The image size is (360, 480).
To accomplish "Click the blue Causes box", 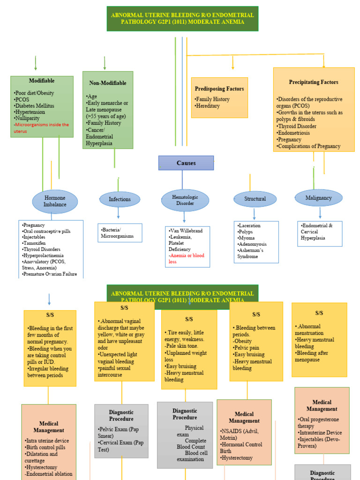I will point(186,163).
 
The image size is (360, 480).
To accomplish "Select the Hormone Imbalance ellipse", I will point(55,201).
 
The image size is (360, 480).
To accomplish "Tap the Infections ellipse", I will point(120,199).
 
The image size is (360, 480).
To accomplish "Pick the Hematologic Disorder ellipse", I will point(185,200).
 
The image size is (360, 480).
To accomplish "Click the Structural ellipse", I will point(255,199).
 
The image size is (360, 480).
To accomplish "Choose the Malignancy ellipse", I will point(318,198).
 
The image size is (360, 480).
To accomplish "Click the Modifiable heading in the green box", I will point(42,81).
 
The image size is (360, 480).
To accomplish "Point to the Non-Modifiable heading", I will point(107,83).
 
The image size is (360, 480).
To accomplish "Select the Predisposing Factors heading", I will point(219,89).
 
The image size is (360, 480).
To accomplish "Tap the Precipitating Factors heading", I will point(314,82).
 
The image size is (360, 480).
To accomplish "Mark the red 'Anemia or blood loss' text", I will point(187,259).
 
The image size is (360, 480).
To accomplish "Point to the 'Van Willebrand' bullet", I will point(186,231).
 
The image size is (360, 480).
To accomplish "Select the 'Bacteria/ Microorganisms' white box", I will point(120,233).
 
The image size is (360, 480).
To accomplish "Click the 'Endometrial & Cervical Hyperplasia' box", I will point(320,232).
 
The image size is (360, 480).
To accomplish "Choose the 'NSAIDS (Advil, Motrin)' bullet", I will point(240,435).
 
